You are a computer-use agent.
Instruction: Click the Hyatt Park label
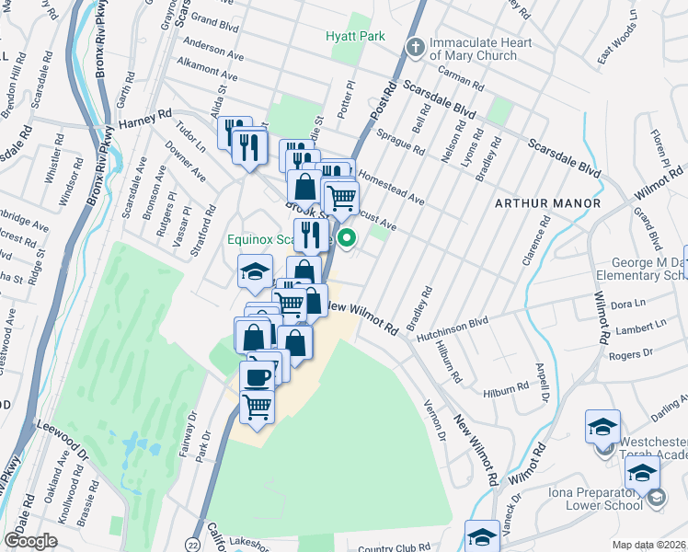(355, 36)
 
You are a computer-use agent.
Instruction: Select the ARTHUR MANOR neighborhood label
(548, 202)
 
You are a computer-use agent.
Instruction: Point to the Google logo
(31, 540)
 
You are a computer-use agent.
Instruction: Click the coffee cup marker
(257, 375)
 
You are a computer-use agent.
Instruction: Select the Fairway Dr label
(194, 433)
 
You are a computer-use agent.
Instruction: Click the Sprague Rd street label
(405, 146)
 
